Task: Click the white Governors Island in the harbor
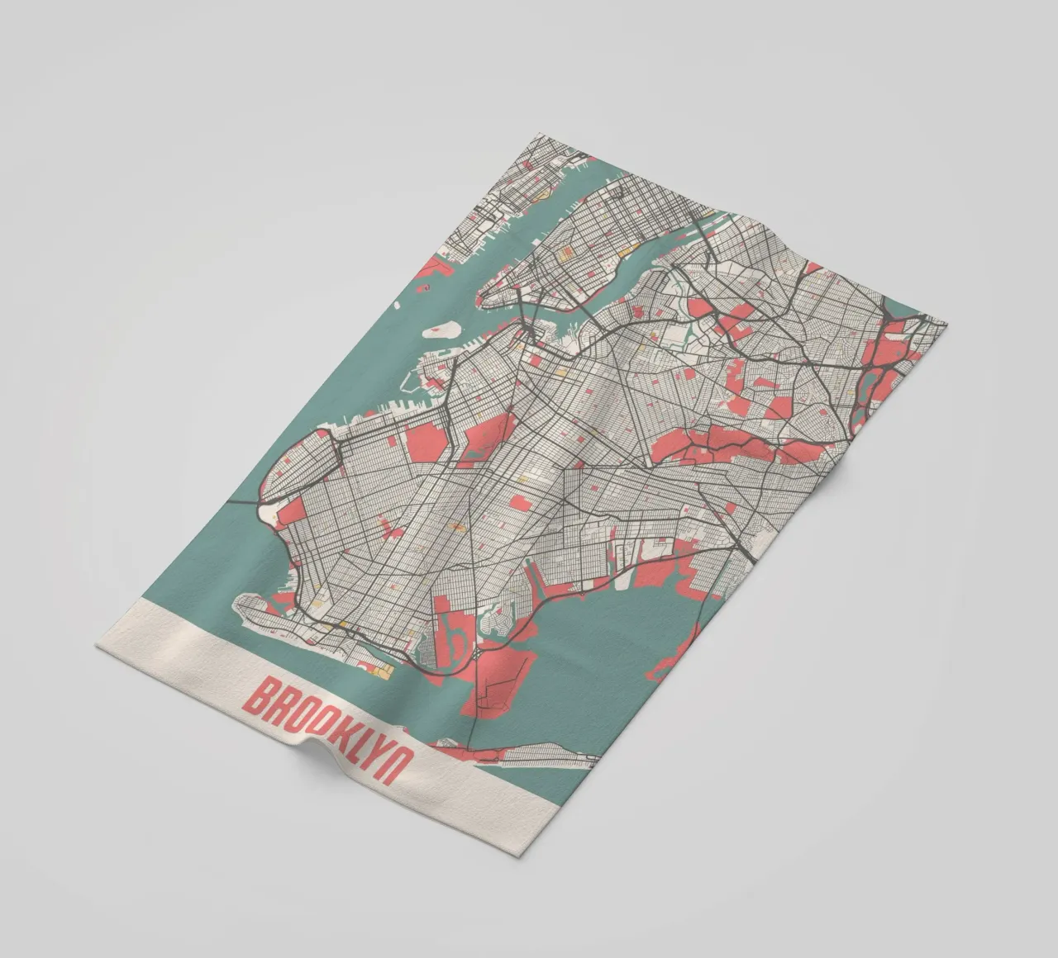[x=440, y=329]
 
